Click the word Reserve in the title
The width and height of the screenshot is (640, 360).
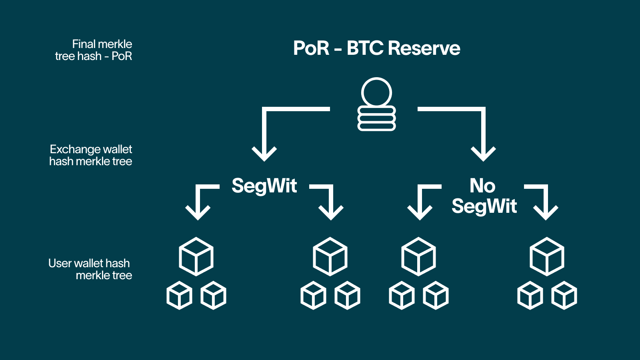pyautogui.click(x=424, y=48)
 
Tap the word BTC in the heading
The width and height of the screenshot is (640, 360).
pyautogui.click(x=365, y=48)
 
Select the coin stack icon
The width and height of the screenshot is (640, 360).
pyautogui.click(x=376, y=104)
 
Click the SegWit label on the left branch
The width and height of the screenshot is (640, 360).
pyautogui.click(x=264, y=186)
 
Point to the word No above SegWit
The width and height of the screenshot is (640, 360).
pyautogui.click(x=482, y=186)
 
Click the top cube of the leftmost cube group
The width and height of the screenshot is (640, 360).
pyautogui.click(x=196, y=256)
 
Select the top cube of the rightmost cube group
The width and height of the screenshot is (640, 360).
pyautogui.click(x=547, y=256)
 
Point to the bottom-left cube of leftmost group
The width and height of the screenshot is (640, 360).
pyautogui.click(x=179, y=296)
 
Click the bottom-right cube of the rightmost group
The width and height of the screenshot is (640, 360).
pyautogui.click(x=564, y=296)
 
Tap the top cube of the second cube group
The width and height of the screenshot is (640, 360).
pyautogui.click(x=330, y=256)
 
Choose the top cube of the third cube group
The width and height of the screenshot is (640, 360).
pyautogui.click(x=418, y=256)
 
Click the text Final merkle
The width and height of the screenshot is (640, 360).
pyautogui.click(x=102, y=44)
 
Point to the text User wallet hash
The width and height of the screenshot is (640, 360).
pyautogui.click(x=89, y=263)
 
